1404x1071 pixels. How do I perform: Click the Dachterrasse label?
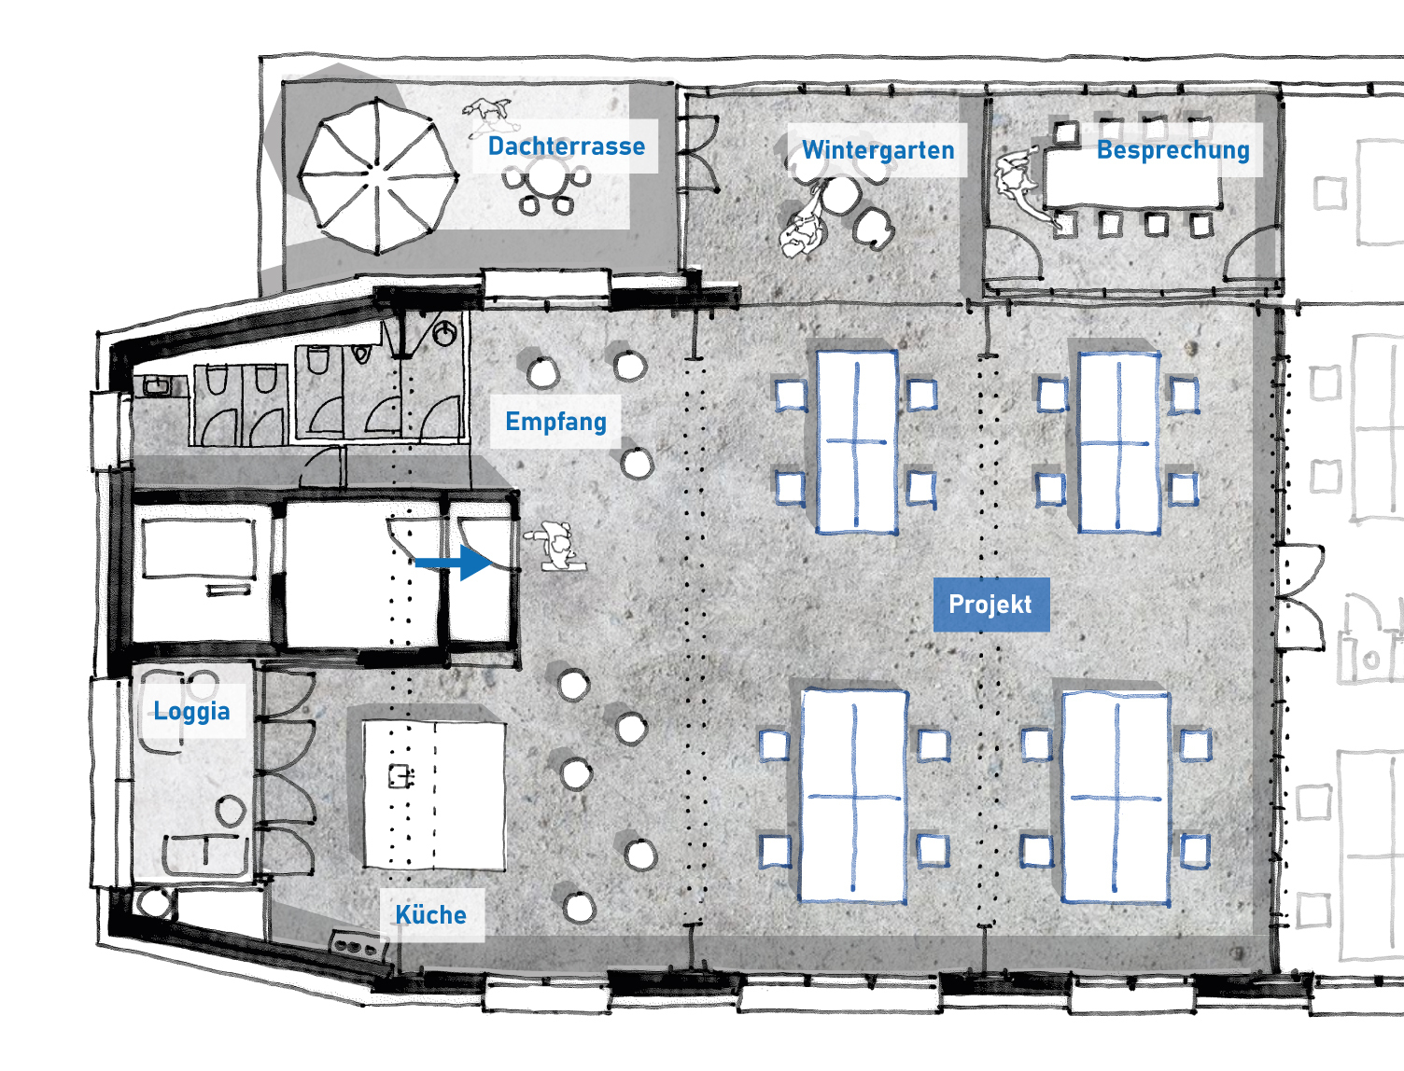pyautogui.click(x=566, y=146)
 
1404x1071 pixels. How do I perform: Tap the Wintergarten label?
pyautogui.click(x=878, y=150)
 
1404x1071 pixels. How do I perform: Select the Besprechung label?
pyautogui.click(x=1173, y=150)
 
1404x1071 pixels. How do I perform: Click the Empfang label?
pyautogui.click(x=555, y=422)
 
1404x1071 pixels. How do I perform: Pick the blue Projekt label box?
pyautogui.click(x=991, y=605)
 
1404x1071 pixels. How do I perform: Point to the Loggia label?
pyautogui.click(x=192, y=711)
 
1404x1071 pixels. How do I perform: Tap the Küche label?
pyautogui.click(x=431, y=914)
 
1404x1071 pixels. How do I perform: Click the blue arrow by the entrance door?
pyautogui.click(x=454, y=563)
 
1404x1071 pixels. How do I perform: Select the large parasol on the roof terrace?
pyautogui.click(x=377, y=175)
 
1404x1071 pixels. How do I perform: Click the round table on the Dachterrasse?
pyautogui.click(x=547, y=175)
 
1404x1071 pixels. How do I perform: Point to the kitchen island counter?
pyautogui.click(x=434, y=795)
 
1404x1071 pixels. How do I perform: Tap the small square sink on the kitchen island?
pyautogui.click(x=400, y=776)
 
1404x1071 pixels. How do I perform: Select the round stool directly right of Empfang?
pyautogui.click(x=637, y=463)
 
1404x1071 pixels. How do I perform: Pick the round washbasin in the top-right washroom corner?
pyautogui.click(x=444, y=333)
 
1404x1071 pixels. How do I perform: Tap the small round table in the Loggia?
pyautogui.click(x=231, y=811)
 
